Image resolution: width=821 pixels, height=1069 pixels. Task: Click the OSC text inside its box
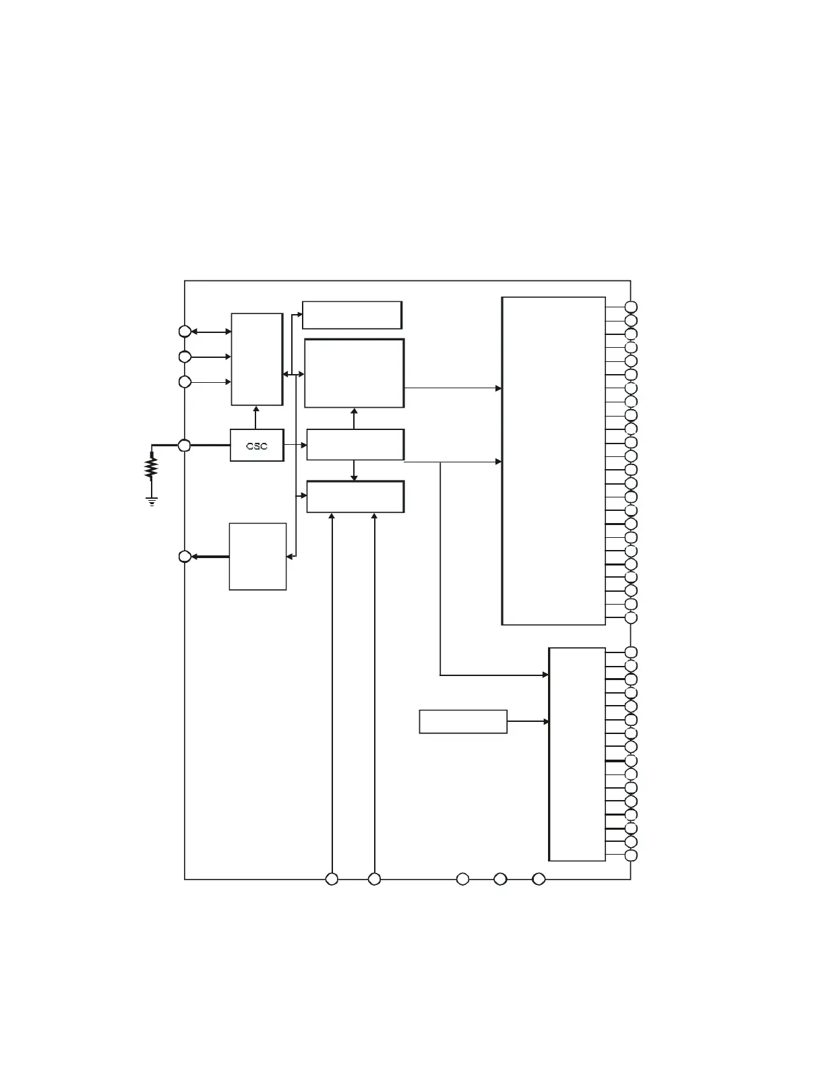click(x=257, y=446)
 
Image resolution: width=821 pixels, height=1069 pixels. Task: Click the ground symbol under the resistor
click(x=152, y=501)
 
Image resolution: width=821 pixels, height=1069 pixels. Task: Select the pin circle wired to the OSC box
click(x=185, y=446)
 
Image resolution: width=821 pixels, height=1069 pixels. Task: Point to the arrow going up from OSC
click(x=255, y=417)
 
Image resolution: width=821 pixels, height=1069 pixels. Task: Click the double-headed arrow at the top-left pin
click(x=211, y=332)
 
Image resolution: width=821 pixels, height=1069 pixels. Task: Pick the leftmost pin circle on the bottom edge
click(x=332, y=879)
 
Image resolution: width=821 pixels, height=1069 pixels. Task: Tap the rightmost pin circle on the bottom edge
click(x=539, y=879)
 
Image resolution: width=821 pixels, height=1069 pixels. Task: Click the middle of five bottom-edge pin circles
click(x=462, y=879)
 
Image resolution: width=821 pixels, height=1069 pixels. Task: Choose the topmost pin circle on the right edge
click(x=632, y=307)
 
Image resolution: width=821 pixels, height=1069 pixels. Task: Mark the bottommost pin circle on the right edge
click(x=632, y=856)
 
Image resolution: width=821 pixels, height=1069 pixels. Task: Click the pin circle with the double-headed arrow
click(x=185, y=332)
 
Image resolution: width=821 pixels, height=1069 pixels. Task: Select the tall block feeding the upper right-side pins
click(x=553, y=460)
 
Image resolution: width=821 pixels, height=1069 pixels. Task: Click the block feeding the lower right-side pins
click(x=577, y=754)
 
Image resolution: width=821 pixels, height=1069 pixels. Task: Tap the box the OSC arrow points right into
click(x=355, y=445)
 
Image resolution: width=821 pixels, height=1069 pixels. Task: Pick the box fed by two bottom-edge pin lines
click(x=355, y=497)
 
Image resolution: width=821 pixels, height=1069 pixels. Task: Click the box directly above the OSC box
click(x=257, y=359)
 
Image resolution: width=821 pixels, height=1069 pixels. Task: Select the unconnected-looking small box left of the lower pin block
click(x=463, y=721)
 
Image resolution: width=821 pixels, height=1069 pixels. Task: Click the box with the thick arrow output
click(x=257, y=557)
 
